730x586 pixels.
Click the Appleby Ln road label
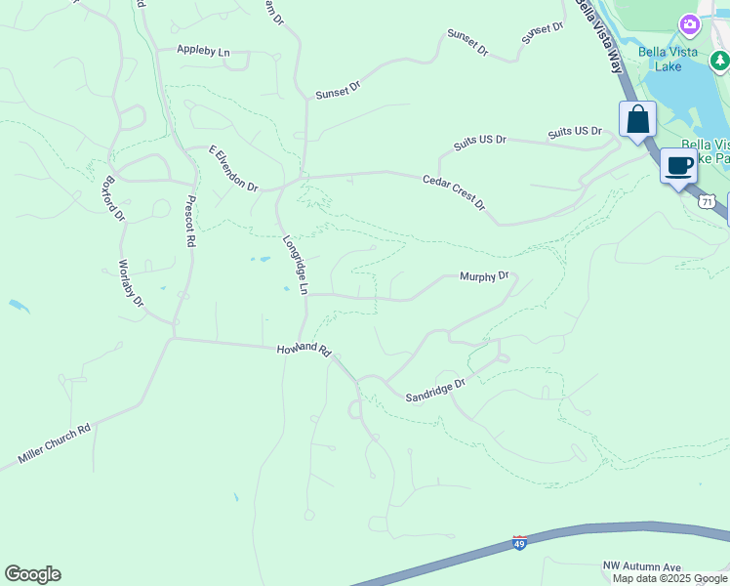pyautogui.click(x=203, y=50)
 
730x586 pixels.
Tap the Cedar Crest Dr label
pyautogui.click(x=454, y=192)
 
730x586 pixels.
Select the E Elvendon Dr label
pyautogui.click(x=232, y=169)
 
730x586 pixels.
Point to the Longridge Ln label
pyautogui.click(x=296, y=265)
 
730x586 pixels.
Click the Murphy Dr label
pyautogui.click(x=484, y=276)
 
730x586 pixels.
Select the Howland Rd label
pyautogui.click(x=304, y=350)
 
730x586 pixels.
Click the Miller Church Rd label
pyautogui.click(x=54, y=443)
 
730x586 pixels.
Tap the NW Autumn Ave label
pyautogui.click(x=641, y=566)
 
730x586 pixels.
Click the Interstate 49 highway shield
pyautogui.click(x=519, y=543)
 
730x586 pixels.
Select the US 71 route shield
pyautogui.click(x=706, y=200)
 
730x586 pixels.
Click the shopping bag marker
pyautogui.click(x=637, y=120)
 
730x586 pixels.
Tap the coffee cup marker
pyautogui.click(x=678, y=165)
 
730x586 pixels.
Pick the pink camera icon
pyautogui.click(x=690, y=23)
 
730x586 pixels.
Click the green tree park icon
pyautogui.click(x=719, y=63)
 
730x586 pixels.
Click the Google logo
pyautogui.click(x=32, y=574)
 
